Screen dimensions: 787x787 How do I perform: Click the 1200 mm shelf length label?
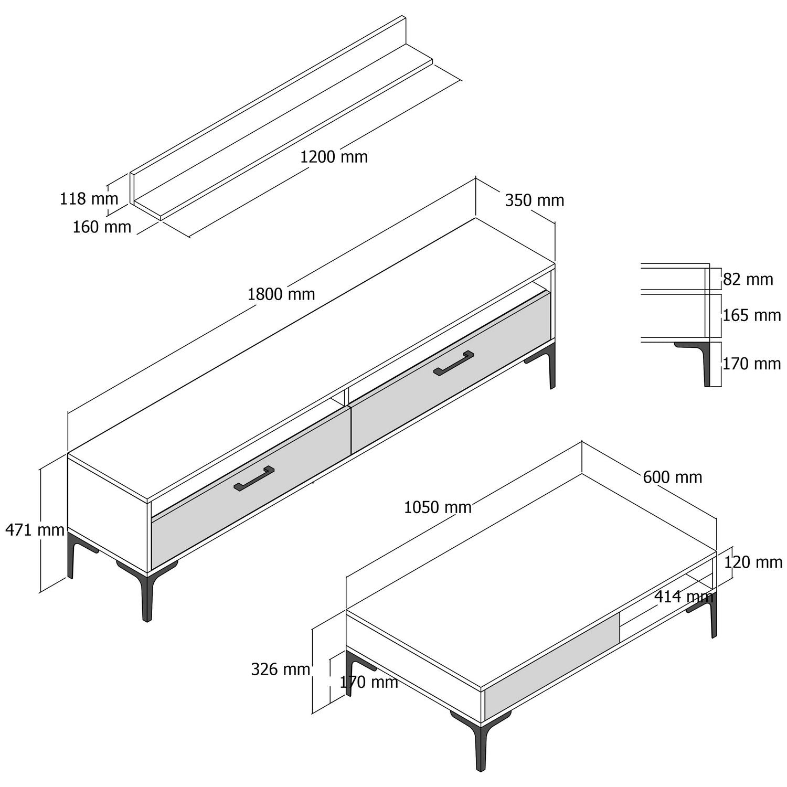[x=334, y=157]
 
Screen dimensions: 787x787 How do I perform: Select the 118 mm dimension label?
[x=89, y=199]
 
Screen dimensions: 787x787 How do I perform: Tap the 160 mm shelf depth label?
[x=102, y=227]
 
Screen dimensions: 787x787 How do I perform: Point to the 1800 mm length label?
[x=281, y=294]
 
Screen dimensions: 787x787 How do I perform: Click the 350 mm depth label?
[x=535, y=200]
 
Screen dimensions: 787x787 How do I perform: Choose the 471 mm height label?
[x=35, y=530]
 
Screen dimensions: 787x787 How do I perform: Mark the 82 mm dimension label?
[x=748, y=280]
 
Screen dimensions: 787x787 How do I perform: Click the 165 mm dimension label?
[x=752, y=315]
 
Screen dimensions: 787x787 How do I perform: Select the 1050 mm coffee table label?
[x=438, y=507]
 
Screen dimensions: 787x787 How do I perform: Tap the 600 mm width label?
[x=673, y=477]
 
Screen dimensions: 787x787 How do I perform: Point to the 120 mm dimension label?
[x=753, y=562]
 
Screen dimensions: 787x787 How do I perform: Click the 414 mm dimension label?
[x=684, y=597]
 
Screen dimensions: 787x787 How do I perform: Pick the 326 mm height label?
[x=281, y=669]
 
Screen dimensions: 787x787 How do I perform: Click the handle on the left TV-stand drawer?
[x=254, y=479]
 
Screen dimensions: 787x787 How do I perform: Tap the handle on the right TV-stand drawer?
[x=454, y=363]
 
